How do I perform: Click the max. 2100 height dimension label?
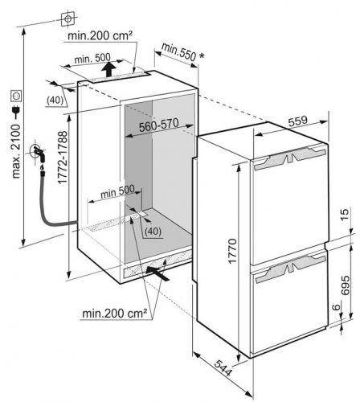tap(16, 151)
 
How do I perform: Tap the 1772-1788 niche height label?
tap(63, 158)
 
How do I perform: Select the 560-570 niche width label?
tap(159, 125)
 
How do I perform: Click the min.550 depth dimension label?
tap(182, 52)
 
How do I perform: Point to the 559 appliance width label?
tap(297, 121)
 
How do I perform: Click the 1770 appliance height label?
tap(232, 251)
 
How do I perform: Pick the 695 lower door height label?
tap(345, 285)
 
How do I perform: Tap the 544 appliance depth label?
tap(223, 368)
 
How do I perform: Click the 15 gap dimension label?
tap(345, 214)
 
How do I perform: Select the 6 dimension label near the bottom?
tap(337, 307)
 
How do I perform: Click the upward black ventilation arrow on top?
tap(108, 69)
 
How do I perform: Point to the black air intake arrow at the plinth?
tap(157, 273)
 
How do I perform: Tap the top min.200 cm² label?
tap(100, 35)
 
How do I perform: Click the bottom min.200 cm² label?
tap(115, 313)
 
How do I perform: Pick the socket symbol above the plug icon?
tap(16, 96)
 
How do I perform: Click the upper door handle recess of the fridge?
tap(290, 158)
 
